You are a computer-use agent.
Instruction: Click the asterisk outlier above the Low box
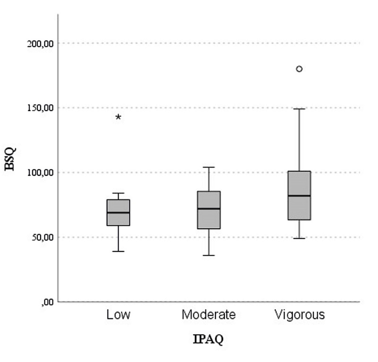(x=119, y=117)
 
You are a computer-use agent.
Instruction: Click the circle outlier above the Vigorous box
(x=299, y=69)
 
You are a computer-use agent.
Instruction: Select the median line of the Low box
(x=118, y=213)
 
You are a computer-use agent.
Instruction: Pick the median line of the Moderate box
(x=208, y=208)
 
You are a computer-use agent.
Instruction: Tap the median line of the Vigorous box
(x=299, y=196)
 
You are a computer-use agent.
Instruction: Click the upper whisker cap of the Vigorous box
(x=299, y=109)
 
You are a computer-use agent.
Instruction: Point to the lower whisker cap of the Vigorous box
(x=299, y=238)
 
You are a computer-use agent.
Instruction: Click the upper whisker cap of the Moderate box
(x=208, y=167)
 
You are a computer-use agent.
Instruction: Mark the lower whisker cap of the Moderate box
(x=208, y=255)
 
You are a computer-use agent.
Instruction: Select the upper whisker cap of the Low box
(x=118, y=193)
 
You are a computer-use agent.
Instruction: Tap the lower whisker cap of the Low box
(x=118, y=251)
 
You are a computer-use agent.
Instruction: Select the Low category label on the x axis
(x=118, y=315)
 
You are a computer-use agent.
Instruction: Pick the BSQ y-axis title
(x=10, y=159)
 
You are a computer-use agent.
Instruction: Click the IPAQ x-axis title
(x=208, y=339)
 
